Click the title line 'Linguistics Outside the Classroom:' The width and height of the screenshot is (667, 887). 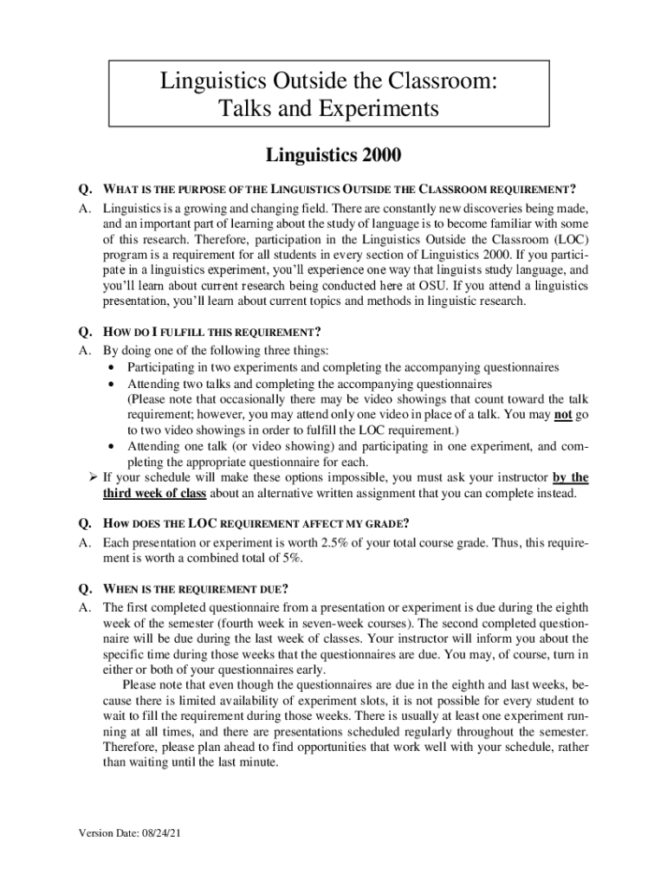pyautogui.click(x=328, y=82)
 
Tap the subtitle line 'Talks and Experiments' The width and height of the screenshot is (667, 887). pyautogui.click(x=328, y=110)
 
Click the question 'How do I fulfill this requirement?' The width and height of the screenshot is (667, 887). pyautogui.click(x=212, y=332)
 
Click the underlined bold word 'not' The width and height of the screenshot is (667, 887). pyautogui.click(x=563, y=414)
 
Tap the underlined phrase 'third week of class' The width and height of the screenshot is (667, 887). pyautogui.click(x=154, y=494)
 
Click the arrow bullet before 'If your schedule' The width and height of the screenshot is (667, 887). pyautogui.click(x=93, y=477)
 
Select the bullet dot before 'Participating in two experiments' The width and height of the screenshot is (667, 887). pyautogui.click(x=113, y=368)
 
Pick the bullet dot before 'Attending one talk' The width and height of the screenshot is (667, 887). pyautogui.click(x=113, y=447)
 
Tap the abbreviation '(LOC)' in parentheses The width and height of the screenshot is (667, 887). pyautogui.click(x=573, y=240)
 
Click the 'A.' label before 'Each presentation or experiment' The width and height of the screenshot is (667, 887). pyautogui.click(x=85, y=542)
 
